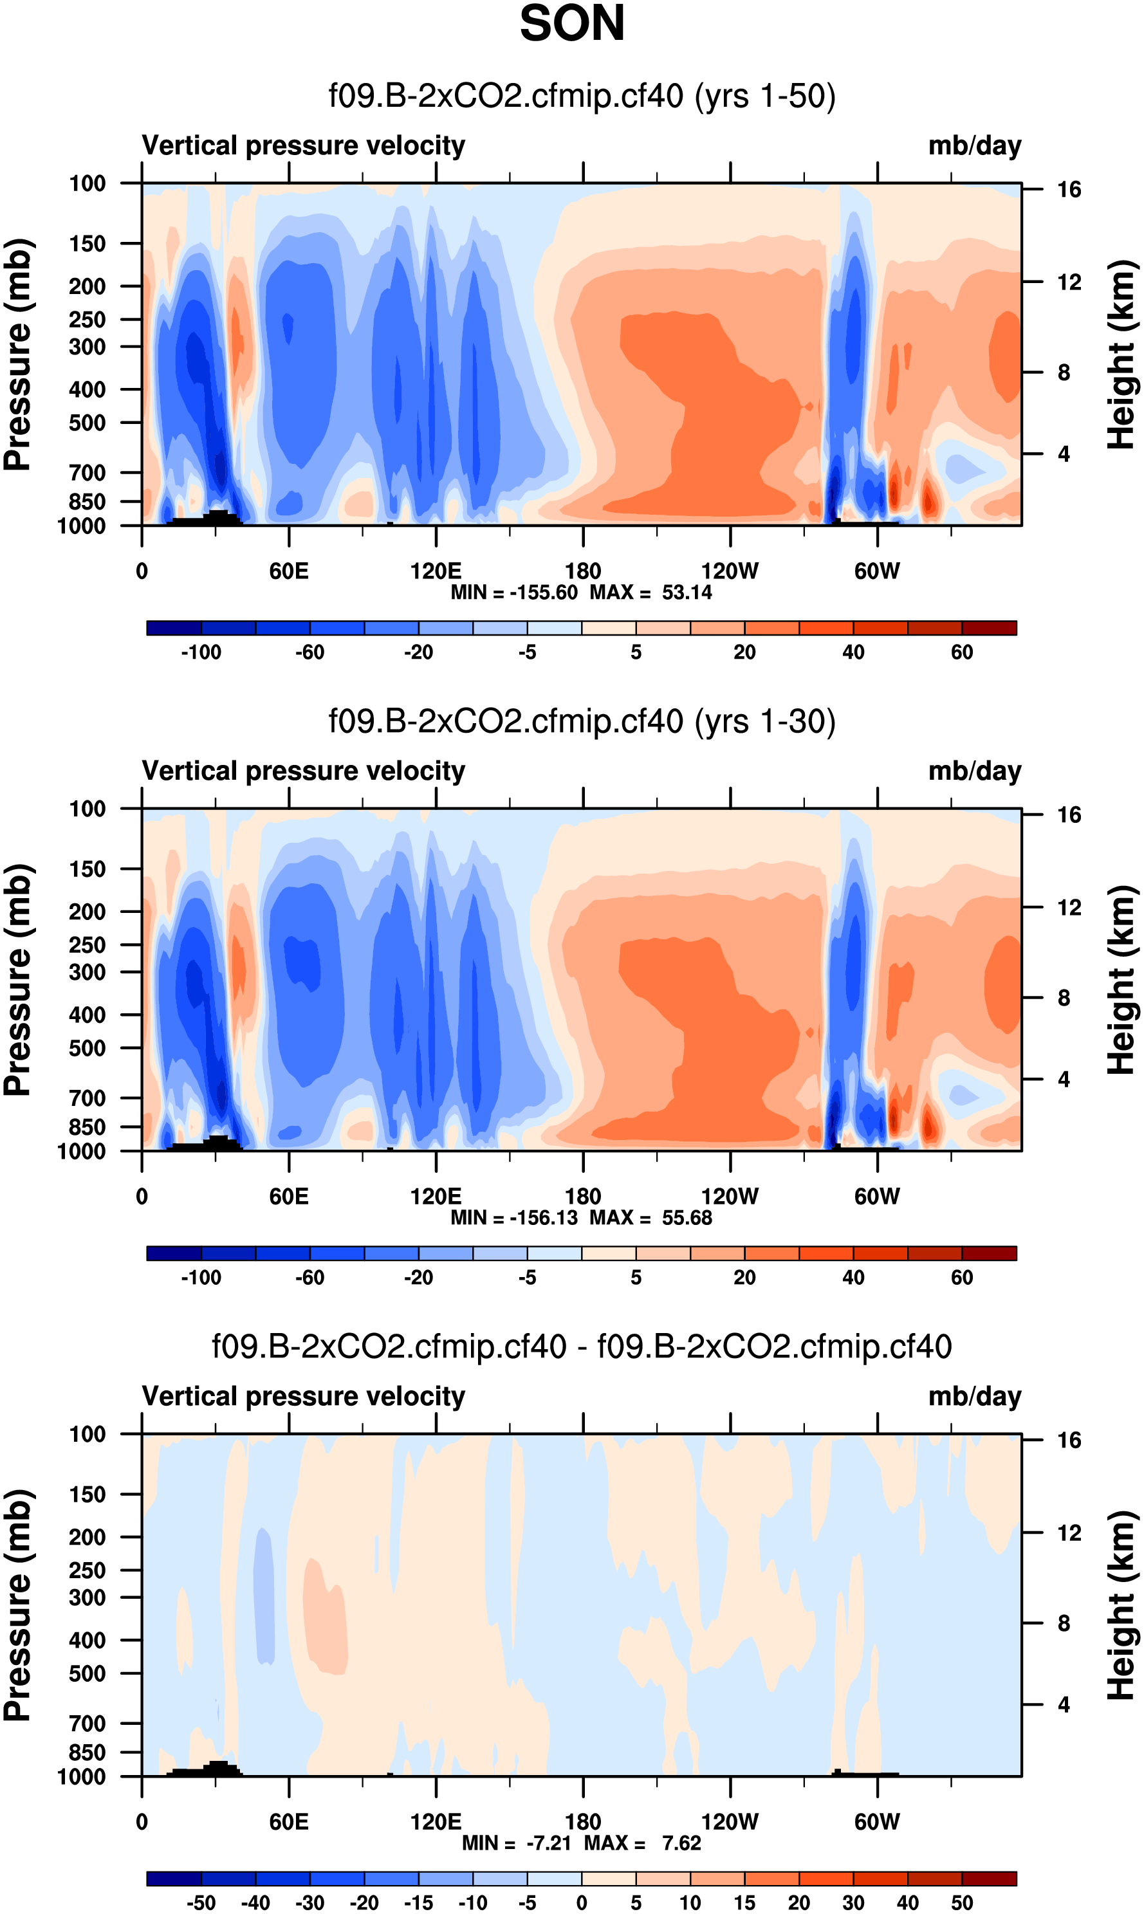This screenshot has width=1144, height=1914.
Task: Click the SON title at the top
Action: pos(572,23)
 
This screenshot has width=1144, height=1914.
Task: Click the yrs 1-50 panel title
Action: pos(582,97)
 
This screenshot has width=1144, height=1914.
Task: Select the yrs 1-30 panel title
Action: pos(582,721)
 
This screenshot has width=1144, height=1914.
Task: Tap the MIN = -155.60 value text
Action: pos(514,593)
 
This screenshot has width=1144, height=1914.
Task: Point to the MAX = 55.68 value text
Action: pos(650,1218)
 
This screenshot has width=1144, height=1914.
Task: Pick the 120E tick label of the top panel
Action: pos(436,571)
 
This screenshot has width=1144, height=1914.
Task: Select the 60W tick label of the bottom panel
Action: pos(876,1821)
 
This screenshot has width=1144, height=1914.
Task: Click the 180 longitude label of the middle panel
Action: pos(583,1197)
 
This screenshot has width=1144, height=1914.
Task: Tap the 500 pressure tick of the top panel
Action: pos(87,423)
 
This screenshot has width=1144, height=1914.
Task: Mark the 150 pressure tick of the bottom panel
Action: pos(87,1494)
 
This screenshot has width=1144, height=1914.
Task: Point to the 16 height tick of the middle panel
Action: pos(1069,814)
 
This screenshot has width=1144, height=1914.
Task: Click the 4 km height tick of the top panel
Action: pos(1064,454)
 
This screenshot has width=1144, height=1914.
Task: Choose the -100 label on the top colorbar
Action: pos(201,652)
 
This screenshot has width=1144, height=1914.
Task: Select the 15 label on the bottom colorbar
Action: pos(744,1902)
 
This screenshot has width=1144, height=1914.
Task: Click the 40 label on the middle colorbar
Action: pos(853,1277)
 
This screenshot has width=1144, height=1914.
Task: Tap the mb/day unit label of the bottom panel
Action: pos(974,1396)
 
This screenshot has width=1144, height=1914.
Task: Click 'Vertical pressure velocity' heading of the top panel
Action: pos(304,145)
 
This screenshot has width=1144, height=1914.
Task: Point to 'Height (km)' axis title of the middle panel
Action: pos(1121,980)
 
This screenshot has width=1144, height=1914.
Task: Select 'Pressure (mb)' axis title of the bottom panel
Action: pos(17,1605)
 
